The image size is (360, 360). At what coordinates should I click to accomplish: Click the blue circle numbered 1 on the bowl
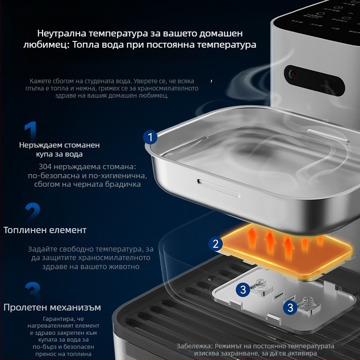pyautogui.click(x=151, y=136)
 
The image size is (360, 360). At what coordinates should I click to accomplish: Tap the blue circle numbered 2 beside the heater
pyautogui.click(x=216, y=244)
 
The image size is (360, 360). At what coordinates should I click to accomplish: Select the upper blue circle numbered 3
pyautogui.click(x=243, y=289)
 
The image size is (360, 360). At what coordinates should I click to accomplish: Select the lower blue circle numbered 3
pyautogui.click(x=291, y=308)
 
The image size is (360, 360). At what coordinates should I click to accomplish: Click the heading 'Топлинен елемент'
pyautogui.click(x=45, y=230)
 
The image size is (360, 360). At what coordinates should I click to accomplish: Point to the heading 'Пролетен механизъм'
pyautogui.click(x=52, y=307)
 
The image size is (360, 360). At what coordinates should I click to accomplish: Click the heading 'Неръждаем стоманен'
pyautogui.click(x=59, y=145)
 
